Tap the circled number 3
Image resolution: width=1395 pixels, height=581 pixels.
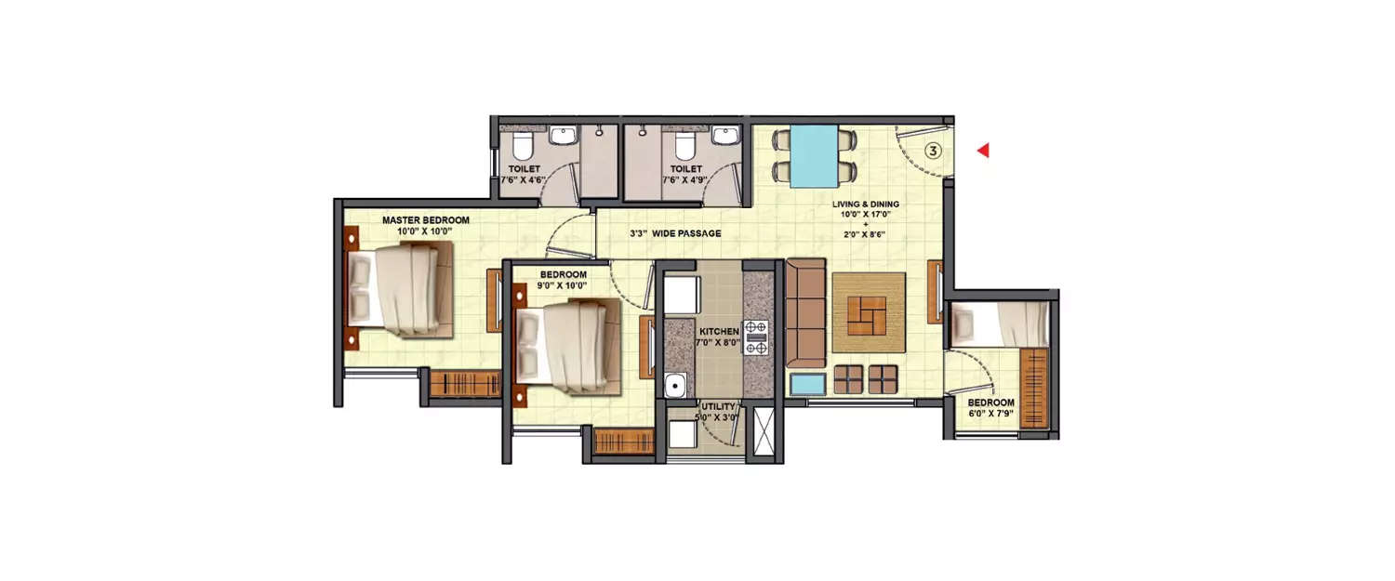[x=935, y=149]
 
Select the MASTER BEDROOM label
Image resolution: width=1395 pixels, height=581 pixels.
[x=425, y=220]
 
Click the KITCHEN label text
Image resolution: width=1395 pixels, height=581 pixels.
[x=719, y=331]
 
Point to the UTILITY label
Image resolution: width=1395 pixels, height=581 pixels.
[x=719, y=406]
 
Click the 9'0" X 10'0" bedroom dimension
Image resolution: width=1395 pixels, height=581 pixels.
[x=563, y=286]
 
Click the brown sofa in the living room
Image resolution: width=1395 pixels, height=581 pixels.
[x=805, y=313]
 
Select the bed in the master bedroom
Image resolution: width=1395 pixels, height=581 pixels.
[x=400, y=287]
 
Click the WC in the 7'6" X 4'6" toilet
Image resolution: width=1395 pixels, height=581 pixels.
[x=521, y=146]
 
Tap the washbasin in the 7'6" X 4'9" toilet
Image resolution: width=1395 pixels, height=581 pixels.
[x=724, y=137]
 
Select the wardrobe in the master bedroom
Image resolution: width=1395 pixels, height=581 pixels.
[x=465, y=383]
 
